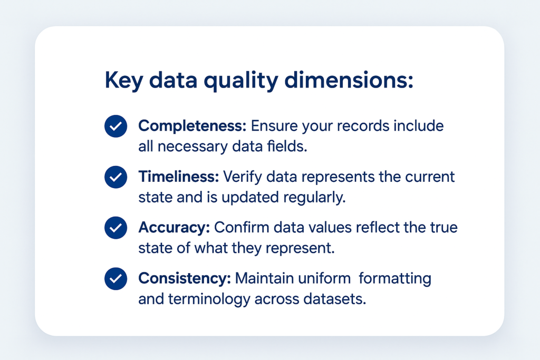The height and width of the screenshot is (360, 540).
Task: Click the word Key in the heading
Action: (123, 81)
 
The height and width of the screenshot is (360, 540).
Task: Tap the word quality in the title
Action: (241, 81)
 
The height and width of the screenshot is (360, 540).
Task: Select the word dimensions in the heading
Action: (349, 80)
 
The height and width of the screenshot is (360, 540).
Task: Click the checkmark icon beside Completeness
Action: (115, 127)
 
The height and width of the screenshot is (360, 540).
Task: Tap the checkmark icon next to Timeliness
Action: (115, 177)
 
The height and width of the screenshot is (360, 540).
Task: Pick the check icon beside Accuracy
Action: (115, 228)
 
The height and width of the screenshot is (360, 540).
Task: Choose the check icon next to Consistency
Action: (115, 279)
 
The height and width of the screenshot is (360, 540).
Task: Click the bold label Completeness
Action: (192, 126)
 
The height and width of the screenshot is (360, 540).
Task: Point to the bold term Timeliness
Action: (178, 177)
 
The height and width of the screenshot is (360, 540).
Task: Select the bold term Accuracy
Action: (174, 228)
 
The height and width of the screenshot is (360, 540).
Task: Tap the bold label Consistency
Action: (185, 278)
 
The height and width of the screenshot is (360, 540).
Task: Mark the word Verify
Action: (243, 177)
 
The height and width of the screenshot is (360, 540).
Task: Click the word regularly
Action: (314, 198)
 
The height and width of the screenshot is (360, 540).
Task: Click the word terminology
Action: (209, 299)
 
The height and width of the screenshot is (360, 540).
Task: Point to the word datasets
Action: (334, 299)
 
